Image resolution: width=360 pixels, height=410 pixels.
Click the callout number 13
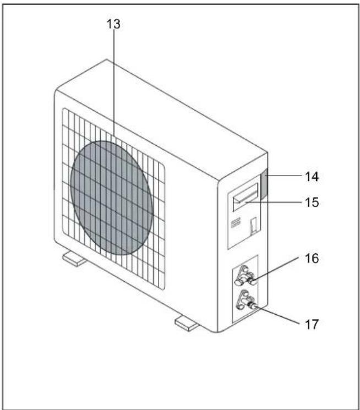(x=113, y=24)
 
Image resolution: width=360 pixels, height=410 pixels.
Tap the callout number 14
(x=312, y=177)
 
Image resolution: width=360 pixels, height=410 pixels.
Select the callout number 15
(x=312, y=203)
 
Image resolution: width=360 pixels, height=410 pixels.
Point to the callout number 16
(x=312, y=258)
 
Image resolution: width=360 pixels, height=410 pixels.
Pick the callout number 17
(x=312, y=325)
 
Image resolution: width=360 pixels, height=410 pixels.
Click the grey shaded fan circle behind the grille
(x=111, y=198)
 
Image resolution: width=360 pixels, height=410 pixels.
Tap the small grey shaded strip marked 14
(x=264, y=184)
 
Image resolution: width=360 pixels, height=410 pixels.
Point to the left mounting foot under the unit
(x=74, y=259)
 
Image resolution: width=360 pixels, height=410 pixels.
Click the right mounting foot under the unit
(x=186, y=324)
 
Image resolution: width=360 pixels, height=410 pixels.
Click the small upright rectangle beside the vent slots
(x=253, y=225)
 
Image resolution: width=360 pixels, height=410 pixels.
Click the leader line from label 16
(x=275, y=269)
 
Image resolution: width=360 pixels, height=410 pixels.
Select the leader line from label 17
(x=278, y=315)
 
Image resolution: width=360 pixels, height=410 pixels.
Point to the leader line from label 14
(x=283, y=176)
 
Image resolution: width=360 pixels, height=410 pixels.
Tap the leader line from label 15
(x=274, y=202)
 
